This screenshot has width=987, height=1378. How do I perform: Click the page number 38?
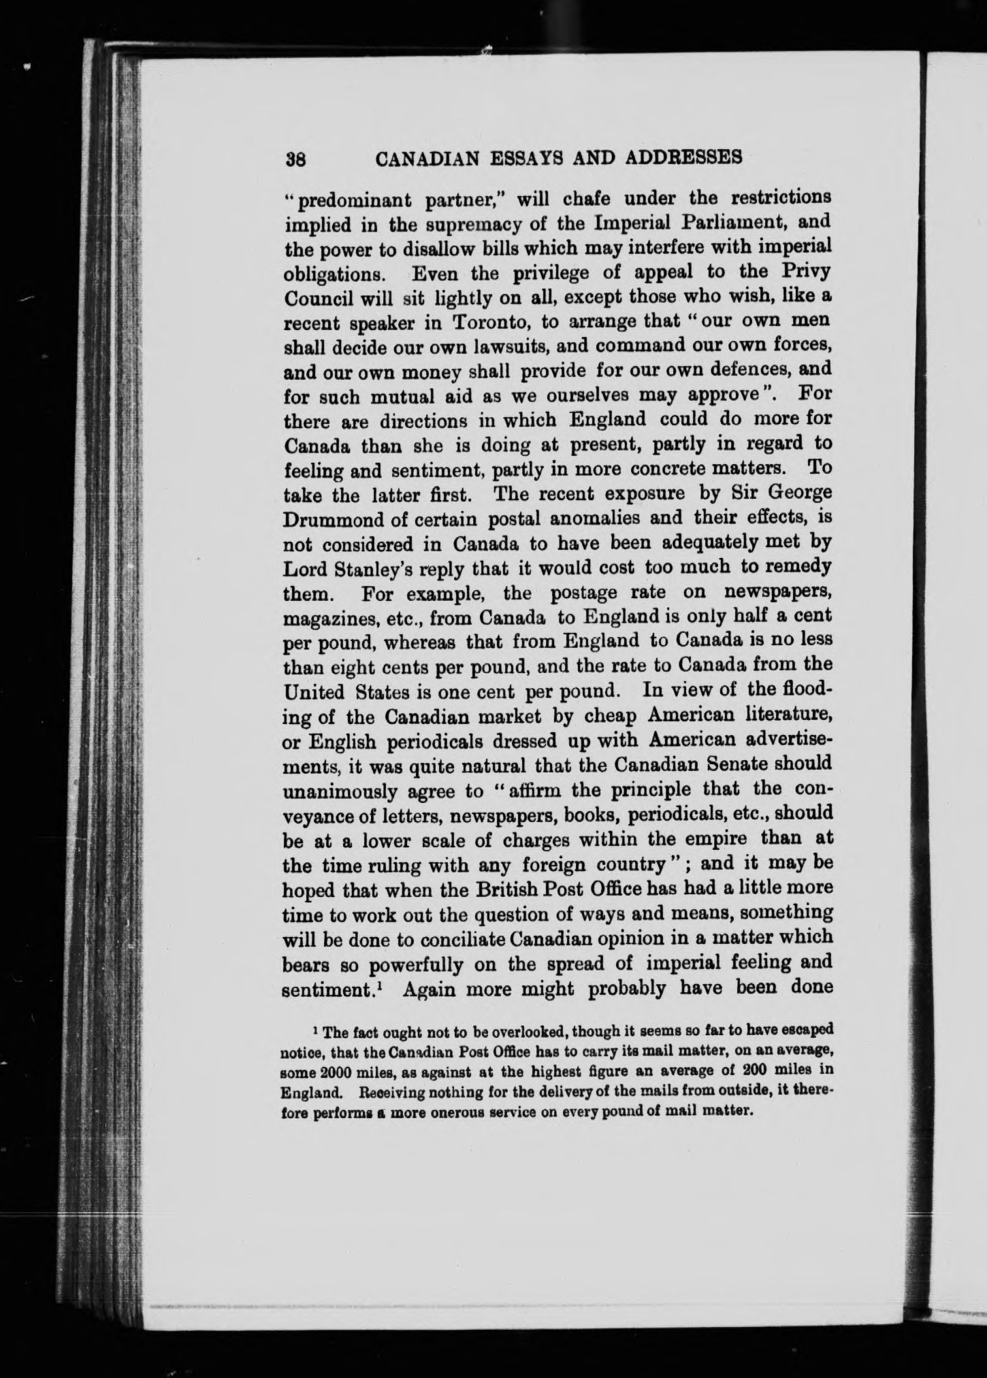pos(297,159)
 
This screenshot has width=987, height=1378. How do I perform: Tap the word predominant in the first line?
pos(349,201)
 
